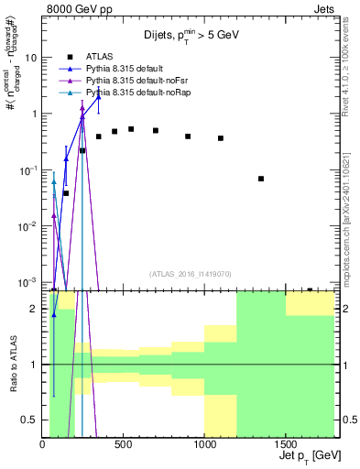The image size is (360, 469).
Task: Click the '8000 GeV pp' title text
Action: (x=74, y=7)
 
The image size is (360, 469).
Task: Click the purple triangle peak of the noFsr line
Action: (x=82, y=108)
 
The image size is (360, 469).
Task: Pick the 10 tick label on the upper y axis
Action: (x=29, y=57)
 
